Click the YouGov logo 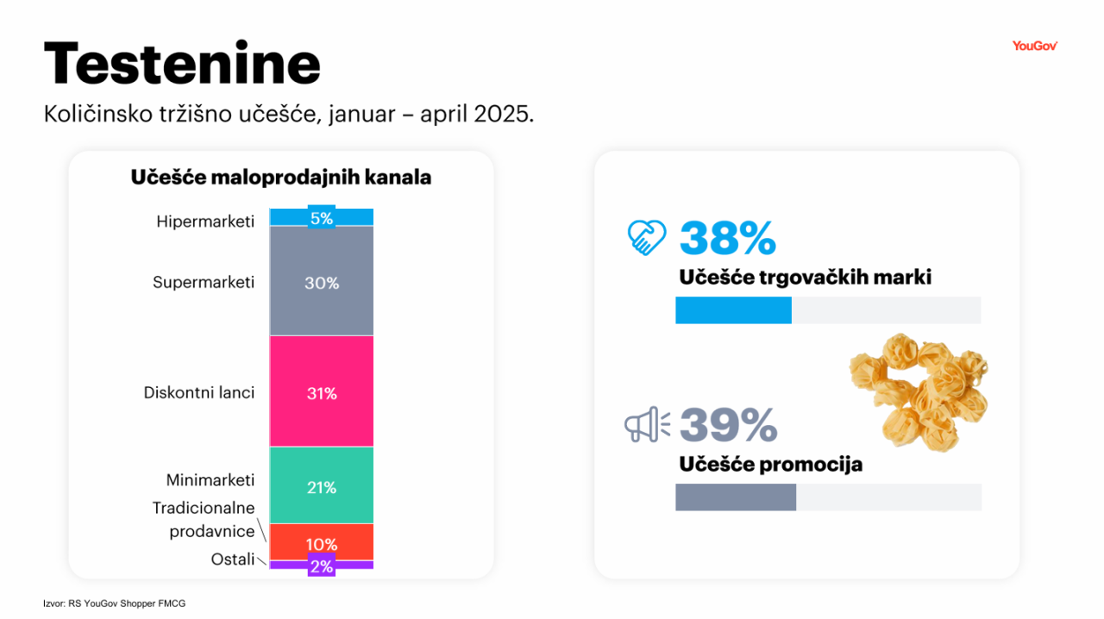1034,46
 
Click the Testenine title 182,64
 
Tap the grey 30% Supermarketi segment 321,281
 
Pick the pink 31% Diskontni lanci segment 321,392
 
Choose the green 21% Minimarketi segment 321,486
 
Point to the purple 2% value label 321,566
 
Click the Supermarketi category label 204,282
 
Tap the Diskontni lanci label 199,392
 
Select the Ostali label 233,560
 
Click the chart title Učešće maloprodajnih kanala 281,178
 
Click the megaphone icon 647,424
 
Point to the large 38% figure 728,239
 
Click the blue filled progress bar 733,310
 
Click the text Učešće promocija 770,465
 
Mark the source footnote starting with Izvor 114,603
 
